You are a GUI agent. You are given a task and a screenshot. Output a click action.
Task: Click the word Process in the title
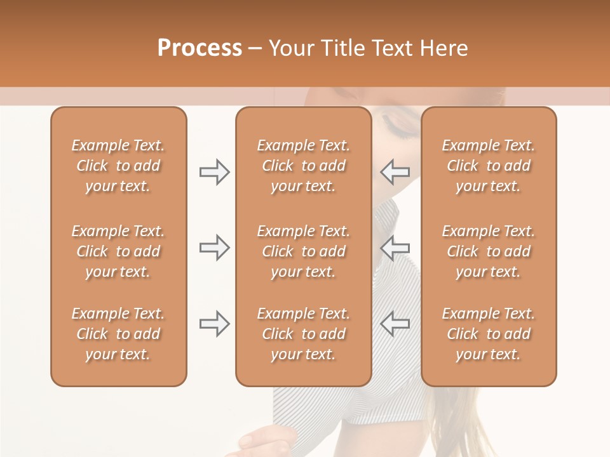tap(200, 48)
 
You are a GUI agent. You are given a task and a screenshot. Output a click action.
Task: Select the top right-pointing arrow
tap(215, 171)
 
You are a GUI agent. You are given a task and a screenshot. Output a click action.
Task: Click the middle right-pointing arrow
tap(215, 248)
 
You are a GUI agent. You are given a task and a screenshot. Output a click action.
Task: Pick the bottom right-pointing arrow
tap(215, 323)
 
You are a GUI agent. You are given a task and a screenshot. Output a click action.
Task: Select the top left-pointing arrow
tap(395, 171)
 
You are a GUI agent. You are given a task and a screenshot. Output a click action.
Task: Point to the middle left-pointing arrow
tap(395, 248)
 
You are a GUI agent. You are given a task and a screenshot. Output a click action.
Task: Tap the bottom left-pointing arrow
tap(395, 323)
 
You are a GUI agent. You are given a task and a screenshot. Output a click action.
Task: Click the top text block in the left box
tap(118, 166)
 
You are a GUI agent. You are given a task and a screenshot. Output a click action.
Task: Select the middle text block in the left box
tap(118, 251)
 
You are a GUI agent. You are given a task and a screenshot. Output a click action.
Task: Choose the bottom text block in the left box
tap(118, 334)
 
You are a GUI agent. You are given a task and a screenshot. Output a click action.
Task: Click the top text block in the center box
tap(304, 166)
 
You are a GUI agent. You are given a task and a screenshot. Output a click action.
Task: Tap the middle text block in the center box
tap(304, 251)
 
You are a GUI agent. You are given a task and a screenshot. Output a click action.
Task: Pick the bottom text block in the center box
tap(304, 334)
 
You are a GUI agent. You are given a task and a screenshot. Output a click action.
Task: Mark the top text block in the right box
tap(489, 166)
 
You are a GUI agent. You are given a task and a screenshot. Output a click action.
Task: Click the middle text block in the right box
tap(489, 251)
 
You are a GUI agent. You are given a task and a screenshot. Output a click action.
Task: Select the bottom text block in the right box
tap(489, 334)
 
